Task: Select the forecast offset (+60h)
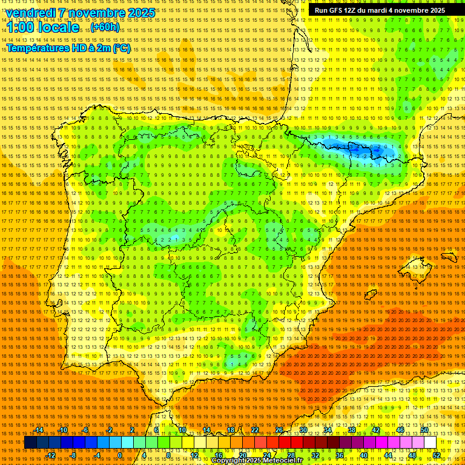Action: pyautogui.click(x=105, y=28)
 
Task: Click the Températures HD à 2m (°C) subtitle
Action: pyautogui.click(x=68, y=48)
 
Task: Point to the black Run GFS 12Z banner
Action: pyautogui.click(x=380, y=10)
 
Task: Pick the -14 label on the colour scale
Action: pyautogui.click(x=39, y=430)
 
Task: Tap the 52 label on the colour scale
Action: pyautogui.click(x=437, y=455)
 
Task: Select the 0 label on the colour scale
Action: pyautogui.click(x=120, y=455)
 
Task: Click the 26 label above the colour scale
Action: pyautogui.click(x=279, y=430)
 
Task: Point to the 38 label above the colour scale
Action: pyautogui.click(x=351, y=430)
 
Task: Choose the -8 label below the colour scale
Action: pyautogui.click(x=73, y=455)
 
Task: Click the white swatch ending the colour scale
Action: pyautogui.click(x=430, y=443)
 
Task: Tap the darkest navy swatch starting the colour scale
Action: pyautogui.click(x=30, y=443)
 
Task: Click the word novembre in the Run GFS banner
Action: pyautogui.click(x=411, y=10)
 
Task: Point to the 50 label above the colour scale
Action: pyautogui.click(x=424, y=430)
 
